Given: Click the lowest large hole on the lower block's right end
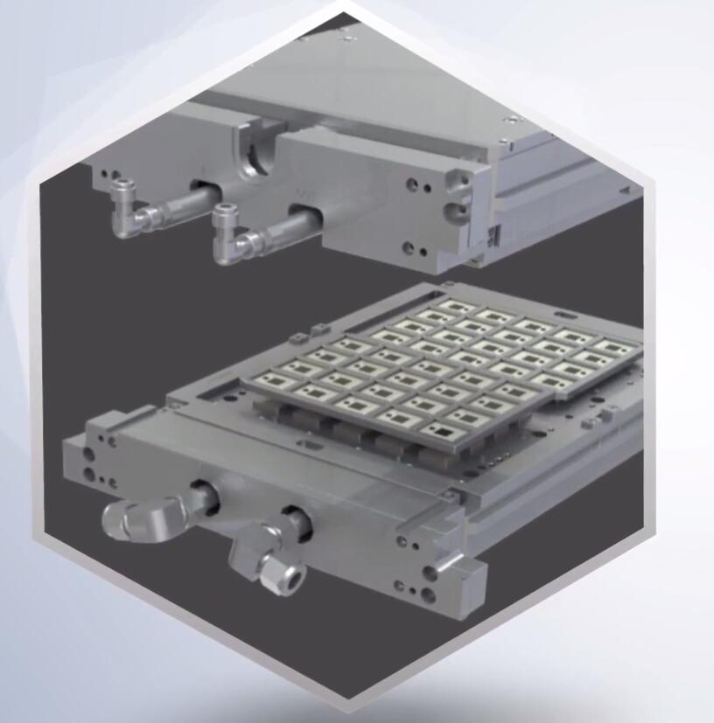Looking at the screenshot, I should point(430,594).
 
